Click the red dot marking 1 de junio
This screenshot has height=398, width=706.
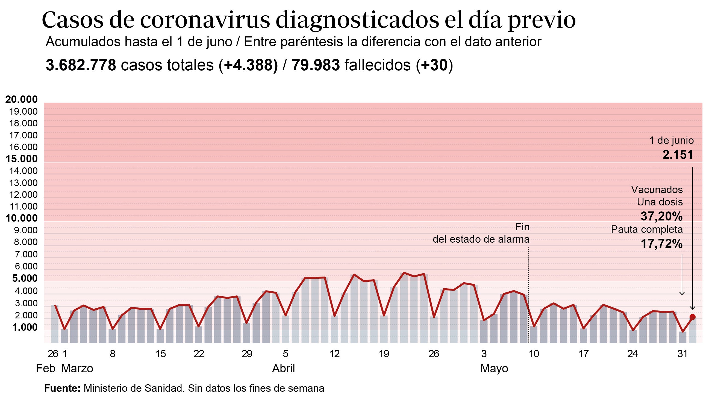tap(692, 317)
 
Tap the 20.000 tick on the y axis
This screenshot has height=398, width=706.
tap(21, 99)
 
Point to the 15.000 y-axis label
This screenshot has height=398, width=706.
tap(21, 159)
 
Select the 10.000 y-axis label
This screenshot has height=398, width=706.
tap(21, 218)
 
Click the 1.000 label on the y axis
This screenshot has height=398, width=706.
tap(25, 327)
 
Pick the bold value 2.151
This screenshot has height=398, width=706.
tap(678, 155)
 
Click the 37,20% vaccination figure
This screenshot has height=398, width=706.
tap(661, 217)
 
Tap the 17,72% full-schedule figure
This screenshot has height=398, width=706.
tap(661, 243)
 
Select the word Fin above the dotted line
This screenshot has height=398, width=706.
tap(522, 227)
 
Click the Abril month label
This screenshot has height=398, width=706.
tap(283, 368)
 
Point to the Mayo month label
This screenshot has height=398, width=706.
tap(494, 368)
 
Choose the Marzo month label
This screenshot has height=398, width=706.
tap(77, 368)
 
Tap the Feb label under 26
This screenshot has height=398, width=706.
tap(46, 368)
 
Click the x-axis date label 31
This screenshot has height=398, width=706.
tap(683, 354)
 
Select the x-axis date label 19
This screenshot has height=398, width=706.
tap(384, 354)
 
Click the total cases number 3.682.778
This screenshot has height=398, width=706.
tap(81, 65)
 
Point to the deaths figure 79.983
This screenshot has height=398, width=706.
tap(316, 65)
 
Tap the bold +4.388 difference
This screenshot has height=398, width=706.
tap(251, 65)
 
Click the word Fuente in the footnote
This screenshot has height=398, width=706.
tap(62, 388)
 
